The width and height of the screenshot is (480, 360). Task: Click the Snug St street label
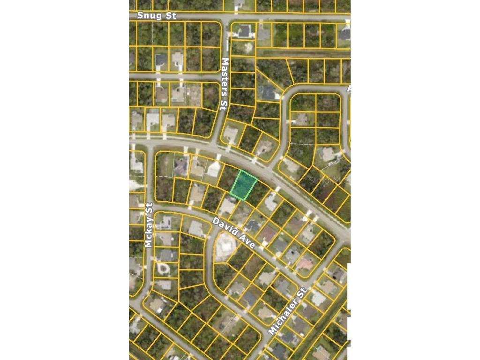(157, 16)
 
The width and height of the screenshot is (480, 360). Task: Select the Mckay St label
(149, 225)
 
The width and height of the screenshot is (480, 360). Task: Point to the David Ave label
(233, 233)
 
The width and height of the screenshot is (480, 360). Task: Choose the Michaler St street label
(287, 311)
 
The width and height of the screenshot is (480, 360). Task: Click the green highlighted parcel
(243, 186)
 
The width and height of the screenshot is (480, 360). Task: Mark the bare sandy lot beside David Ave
(224, 247)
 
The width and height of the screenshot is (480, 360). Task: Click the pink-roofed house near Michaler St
(304, 264)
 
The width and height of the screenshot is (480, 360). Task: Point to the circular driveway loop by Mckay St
(162, 268)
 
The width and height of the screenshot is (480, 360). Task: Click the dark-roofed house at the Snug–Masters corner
(244, 31)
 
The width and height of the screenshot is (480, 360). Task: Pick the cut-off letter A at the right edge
(348, 89)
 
